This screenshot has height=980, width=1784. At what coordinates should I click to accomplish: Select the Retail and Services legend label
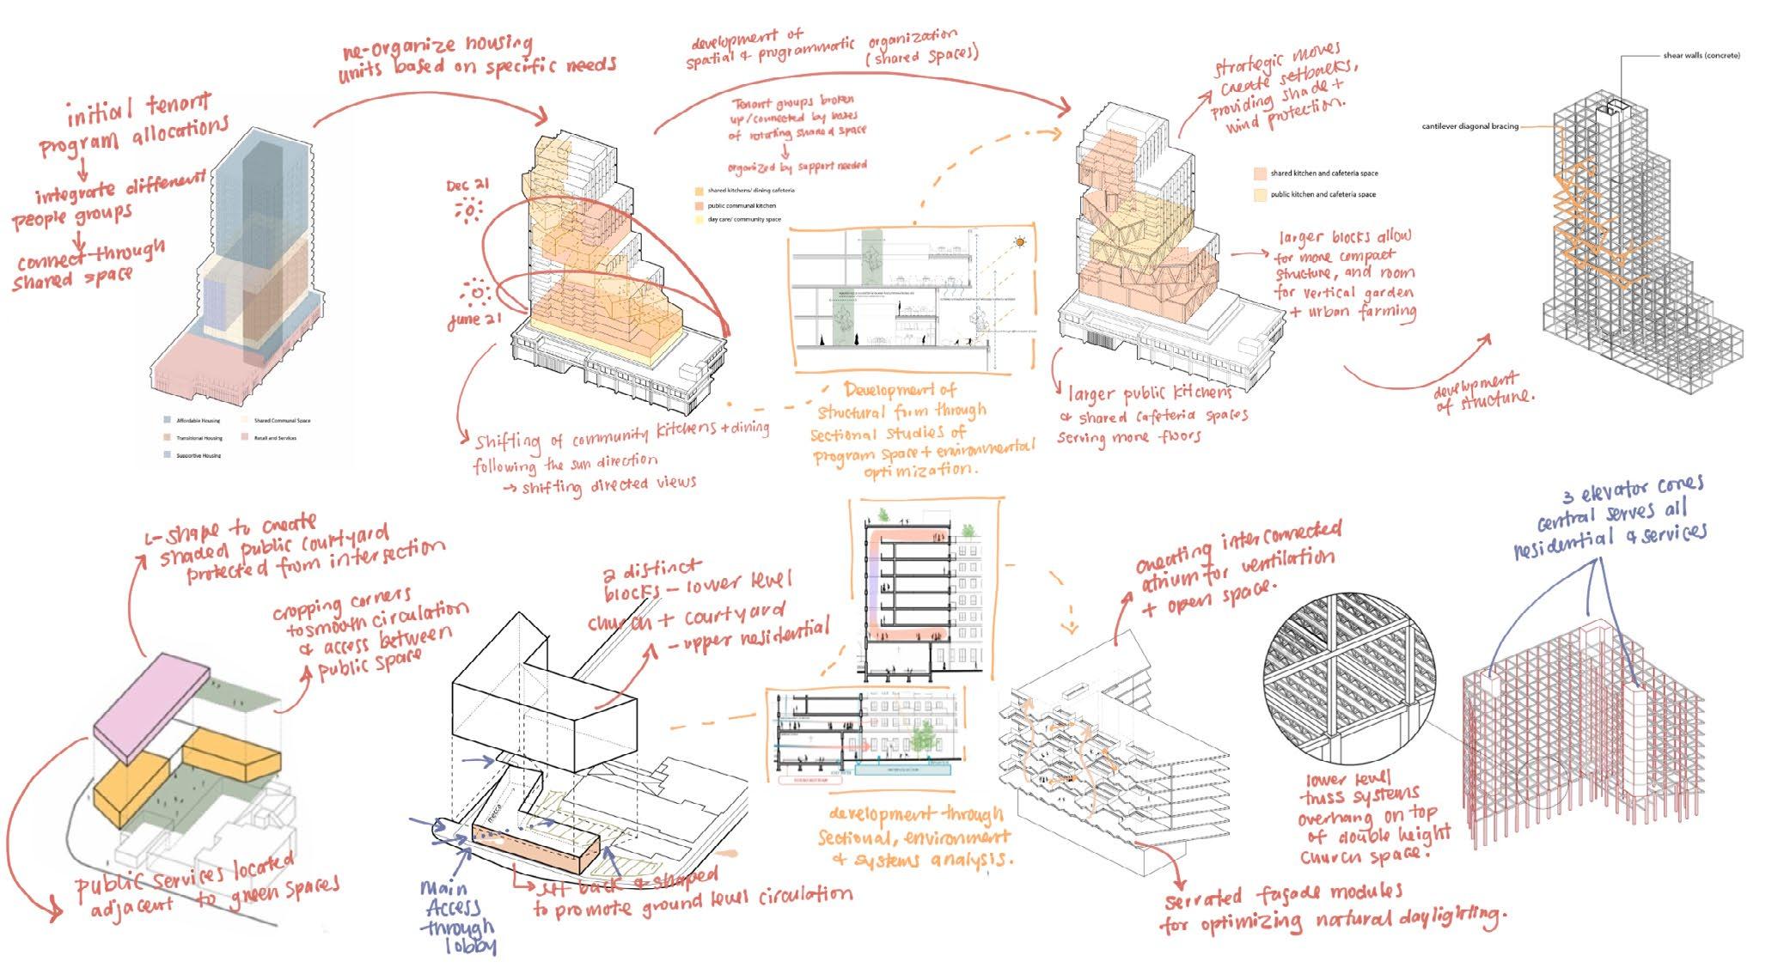(276, 438)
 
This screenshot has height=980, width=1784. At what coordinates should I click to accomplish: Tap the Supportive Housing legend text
(199, 455)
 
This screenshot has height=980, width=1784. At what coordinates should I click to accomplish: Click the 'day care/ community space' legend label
(744, 220)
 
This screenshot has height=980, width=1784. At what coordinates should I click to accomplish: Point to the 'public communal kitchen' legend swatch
(700, 206)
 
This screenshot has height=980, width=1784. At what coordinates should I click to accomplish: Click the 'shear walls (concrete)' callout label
(1701, 56)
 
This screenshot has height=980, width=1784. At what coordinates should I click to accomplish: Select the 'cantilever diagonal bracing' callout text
(1469, 126)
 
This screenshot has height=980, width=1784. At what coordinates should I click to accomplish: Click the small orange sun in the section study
(1020, 242)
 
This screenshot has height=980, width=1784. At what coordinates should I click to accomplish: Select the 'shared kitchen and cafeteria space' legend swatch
(1260, 173)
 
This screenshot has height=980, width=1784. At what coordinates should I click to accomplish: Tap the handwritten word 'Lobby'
(472, 946)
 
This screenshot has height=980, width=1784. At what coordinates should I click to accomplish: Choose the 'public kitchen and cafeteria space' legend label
(1323, 195)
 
